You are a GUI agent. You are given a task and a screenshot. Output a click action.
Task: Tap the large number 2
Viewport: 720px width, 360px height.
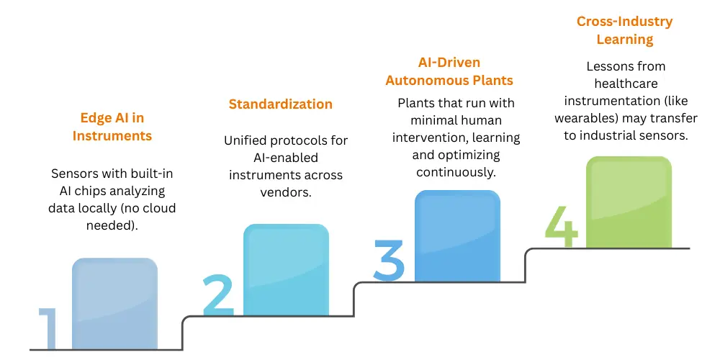click(218, 295)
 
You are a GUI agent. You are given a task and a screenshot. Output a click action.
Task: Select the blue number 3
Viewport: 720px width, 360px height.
click(390, 260)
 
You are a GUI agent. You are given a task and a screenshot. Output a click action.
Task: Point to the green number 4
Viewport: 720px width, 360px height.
click(561, 225)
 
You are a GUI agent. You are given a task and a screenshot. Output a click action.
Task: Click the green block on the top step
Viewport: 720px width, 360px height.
click(629, 202)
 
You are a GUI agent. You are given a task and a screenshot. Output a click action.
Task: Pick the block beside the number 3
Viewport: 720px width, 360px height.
click(457, 236)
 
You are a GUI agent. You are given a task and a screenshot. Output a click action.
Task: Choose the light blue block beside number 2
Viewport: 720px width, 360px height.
click(286, 270)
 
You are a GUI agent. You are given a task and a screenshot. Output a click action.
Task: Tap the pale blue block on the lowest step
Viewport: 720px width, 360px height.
click(114, 304)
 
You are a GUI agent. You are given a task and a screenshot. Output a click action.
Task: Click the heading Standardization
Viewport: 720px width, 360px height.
click(280, 104)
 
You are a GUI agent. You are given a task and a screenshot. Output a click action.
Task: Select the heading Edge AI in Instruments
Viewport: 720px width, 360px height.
click(112, 127)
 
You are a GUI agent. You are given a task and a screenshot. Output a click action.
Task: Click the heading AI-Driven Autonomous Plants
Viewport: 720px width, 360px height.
click(449, 71)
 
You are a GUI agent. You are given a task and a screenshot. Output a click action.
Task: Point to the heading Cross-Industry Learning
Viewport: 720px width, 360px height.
click(624, 30)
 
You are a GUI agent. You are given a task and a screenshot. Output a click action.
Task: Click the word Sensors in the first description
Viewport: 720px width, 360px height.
click(73, 174)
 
